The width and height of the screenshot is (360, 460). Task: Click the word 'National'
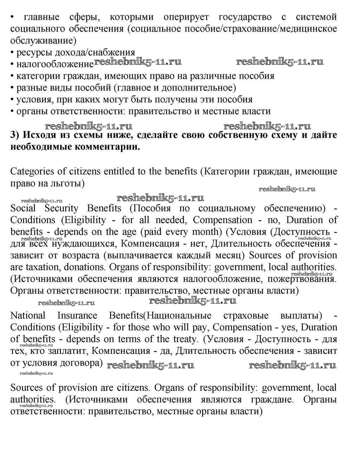coord(28,315)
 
